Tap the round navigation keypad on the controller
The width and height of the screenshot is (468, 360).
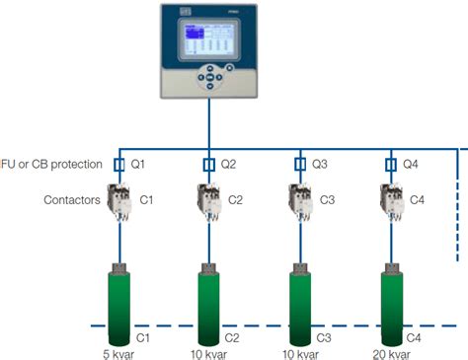pyautogui.click(x=209, y=78)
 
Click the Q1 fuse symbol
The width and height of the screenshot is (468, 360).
pyautogui.click(x=117, y=164)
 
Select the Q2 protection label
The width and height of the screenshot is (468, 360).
pyautogui.click(x=228, y=164)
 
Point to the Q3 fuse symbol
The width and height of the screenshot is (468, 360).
pyautogui.click(x=300, y=164)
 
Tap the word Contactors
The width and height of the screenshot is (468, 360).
pyautogui.click(x=71, y=199)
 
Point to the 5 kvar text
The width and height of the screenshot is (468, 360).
pyautogui.click(x=117, y=353)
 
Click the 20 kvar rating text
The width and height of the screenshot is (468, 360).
pyautogui.click(x=392, y=353)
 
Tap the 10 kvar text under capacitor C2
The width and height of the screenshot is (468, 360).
pyautogui.click(x=209, y=353)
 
